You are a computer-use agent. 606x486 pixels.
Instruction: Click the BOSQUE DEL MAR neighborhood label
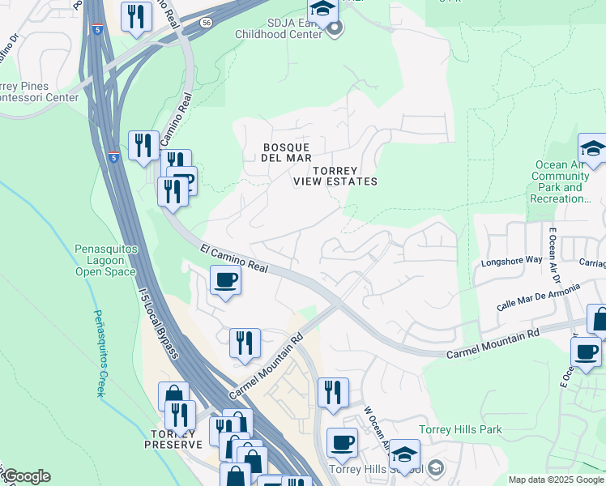pyautogui.click(x=286, y=152)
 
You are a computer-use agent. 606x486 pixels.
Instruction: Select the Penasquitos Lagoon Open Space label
pyautogui.click(x=105, y=260)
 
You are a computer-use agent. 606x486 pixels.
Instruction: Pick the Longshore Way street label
pyautogui.click(x=512, y=260)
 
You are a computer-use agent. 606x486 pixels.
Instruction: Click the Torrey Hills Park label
pyautogui.click(x=460, y=430)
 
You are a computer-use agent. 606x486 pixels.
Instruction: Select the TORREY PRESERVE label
pyautogui.click(x=173, y=438)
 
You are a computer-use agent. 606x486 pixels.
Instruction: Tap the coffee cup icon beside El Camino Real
pyautogui.click(x=225, y=280)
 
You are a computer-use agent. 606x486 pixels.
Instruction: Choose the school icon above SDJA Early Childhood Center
pyautogui.click(x=322, y=11)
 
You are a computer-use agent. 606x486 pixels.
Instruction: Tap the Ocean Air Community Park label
pyautogui.click(x=561, y=181)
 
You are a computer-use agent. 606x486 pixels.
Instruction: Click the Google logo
pyautogui.click(x=26, y=475)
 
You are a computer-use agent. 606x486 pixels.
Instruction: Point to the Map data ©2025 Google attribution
pyautogui.click(x=556, y=480)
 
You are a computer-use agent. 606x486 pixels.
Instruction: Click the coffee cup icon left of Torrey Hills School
pyautogui.click(x=341, y=442)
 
